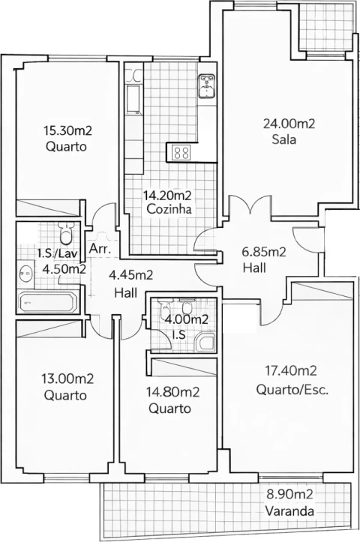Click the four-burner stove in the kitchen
pyautogui.click(x=181, y=152)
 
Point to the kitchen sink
pyautogui.click(x=206, y=87)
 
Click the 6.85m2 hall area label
pyautogui.click(x=264, y=253)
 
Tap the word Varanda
pyautogui.click(x=289, y=512)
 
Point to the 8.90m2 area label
pyautogui.click(x=289, y=495)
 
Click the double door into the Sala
pyautogui.click(x=247, y=206)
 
